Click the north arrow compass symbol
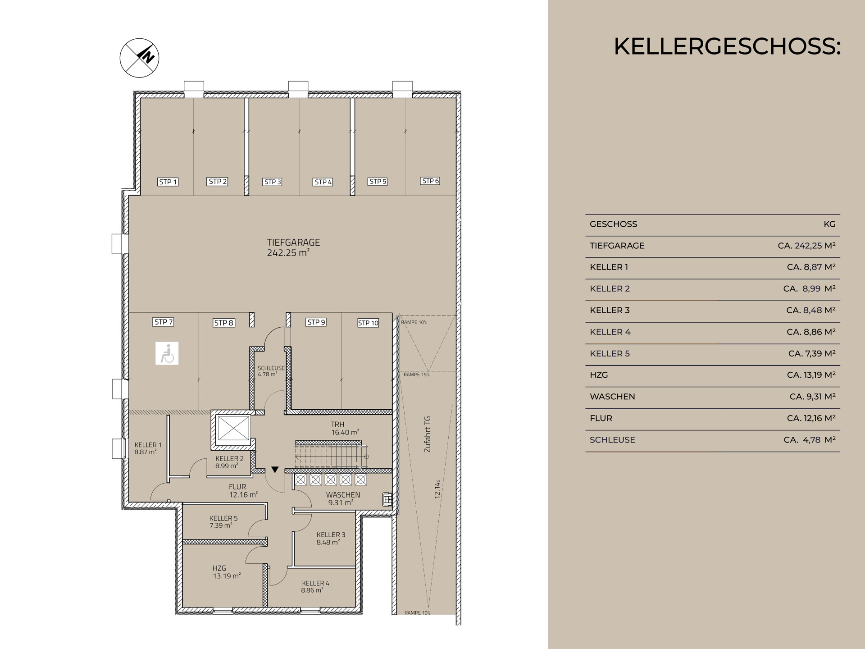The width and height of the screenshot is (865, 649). pyautogui.click(x=139, y=58)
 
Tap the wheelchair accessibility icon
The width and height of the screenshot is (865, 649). pyautogui.click(x=167, y=353)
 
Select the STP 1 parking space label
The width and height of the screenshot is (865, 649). pyautogui.click(x=168, y=182)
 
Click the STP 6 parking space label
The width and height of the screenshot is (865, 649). pyautogui.click(x=430, y=181)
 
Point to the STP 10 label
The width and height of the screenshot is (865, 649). pyautogui.click(x=368, y=323)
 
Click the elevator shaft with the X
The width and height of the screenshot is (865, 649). pyautogui.click(x=233, y=428)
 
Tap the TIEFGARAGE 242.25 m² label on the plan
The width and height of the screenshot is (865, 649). pyautogui.click(x=293, y=247)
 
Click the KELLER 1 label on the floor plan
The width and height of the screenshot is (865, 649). pyautogui.click(x=148, y=448)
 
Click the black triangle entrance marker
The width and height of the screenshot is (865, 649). pyautogui.click(x=275, y=470)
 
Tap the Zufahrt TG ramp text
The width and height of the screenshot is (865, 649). pyautogui.click(x=428, y=434)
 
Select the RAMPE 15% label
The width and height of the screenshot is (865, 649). pyautogui.click(x=416, y=375)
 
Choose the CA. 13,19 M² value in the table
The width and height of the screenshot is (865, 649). pyautogui.click(x=811, y=375)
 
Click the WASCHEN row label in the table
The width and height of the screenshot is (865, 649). pyautogui.click(x=612, y=397)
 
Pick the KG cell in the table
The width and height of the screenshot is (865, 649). pyautogui.click(x=829, y=224)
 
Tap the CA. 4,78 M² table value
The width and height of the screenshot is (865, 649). pyautogui.click(x=810, y=440)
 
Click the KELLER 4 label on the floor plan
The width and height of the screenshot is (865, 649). pyautogui.click(x=315, y=586)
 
